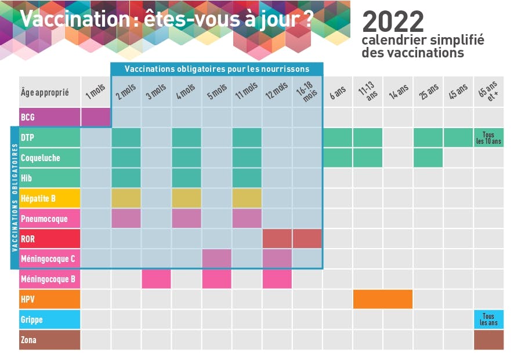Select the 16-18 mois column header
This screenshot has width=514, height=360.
click(x=307, y=92)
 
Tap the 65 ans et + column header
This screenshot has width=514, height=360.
click(x=488, y=92)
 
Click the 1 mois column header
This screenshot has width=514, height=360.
click(x=96, y=92)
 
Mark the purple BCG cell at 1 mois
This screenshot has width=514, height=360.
click(x=96, y=117)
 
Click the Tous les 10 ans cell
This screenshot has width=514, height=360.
click(x=488, y=137)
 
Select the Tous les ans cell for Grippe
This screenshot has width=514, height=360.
click(x=488, y=319)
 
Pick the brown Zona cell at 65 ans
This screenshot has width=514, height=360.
click(x=488, y=340)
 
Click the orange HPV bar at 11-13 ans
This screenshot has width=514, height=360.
click(x=383, y=299)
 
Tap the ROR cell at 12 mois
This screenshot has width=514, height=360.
click(x=277, y=239)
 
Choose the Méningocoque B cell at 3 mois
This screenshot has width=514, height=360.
click(x=156, y=279)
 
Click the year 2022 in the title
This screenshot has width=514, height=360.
click(x=393, y=22)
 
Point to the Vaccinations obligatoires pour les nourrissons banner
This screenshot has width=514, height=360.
click(x=217, y=69)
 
